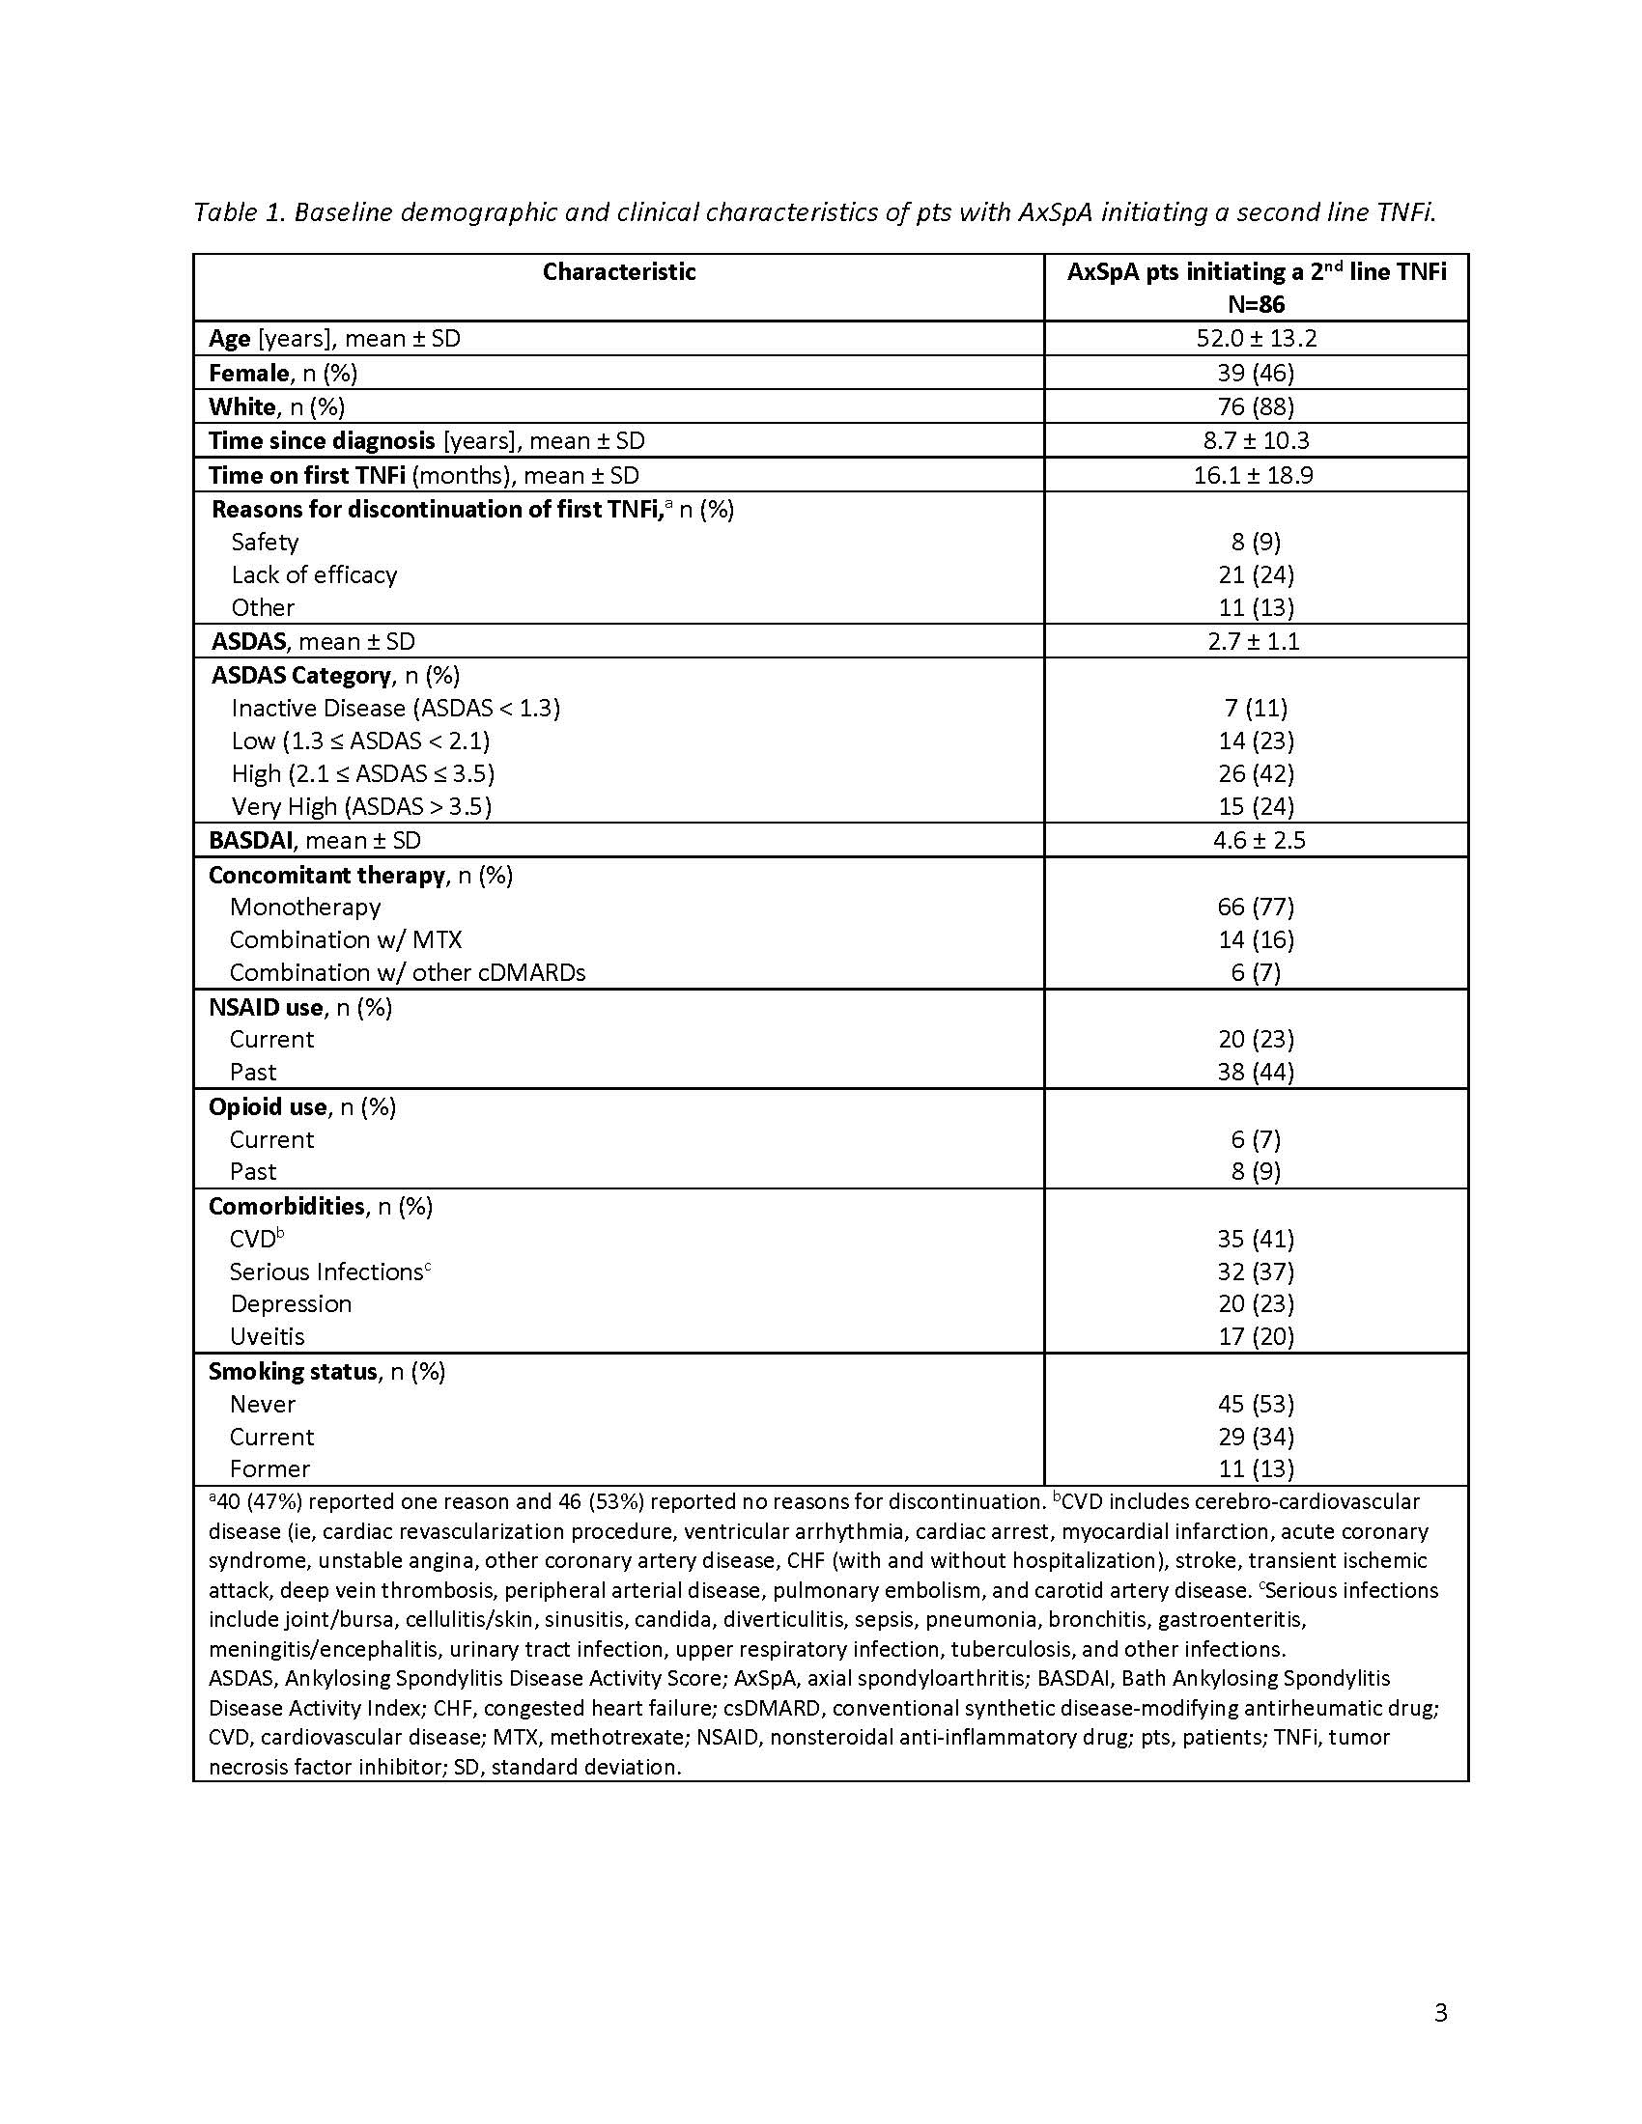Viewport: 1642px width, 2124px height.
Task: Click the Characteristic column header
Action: coord(619,272)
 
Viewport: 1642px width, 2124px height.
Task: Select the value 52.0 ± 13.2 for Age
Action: coord(1256,339)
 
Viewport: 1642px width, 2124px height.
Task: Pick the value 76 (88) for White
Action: coord(1256,406)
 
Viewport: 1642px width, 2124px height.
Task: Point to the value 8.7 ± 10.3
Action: coord(1256,440)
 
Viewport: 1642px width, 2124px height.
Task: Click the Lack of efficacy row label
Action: coord(314,574)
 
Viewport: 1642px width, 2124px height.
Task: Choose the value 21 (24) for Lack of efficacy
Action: coord(1256,574)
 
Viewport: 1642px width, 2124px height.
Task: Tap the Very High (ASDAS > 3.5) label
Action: coord(361,806)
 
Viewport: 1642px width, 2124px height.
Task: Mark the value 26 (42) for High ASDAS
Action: coord(1256,773)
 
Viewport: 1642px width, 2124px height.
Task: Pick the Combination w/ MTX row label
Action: coord(346,939)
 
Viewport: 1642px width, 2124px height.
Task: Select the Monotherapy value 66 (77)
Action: coord(1256,907)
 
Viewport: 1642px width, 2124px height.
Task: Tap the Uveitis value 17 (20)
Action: coord(1256,1336)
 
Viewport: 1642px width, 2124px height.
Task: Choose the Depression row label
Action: coord(291,1303)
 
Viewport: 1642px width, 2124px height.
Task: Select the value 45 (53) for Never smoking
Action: coord(1256,1404)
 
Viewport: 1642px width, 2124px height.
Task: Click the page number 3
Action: coord(1441,2012)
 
